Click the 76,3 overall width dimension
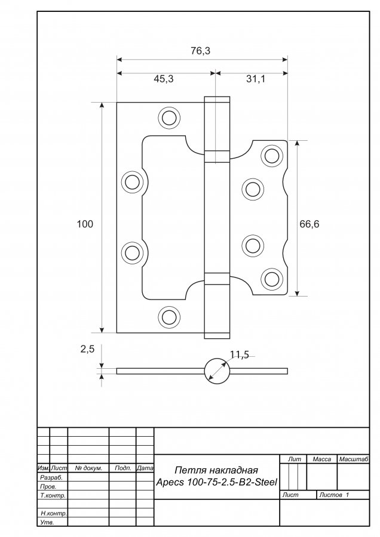point(200,51)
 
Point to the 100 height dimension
point(85,224)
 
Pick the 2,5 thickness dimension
point(87,350)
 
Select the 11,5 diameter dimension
point(239,356)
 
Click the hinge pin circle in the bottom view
point(216,371)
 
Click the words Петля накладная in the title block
point(216,470)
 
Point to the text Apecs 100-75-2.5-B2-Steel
point(217,482)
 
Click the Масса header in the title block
point(321,459)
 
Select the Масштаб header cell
point(353,459)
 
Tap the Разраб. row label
point(51,478)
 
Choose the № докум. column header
point(88,468)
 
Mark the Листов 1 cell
point(335,495)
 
